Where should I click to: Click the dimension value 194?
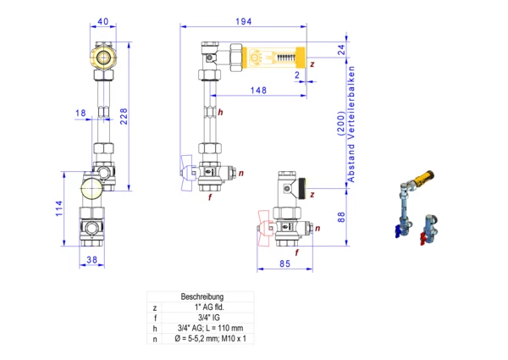click(x=243, y=21)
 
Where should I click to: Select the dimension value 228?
click(x=124, y=116)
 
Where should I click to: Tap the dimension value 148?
click(x=258, y=90)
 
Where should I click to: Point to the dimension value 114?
click(x=59, y=208)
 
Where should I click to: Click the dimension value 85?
click(x=284, y=263)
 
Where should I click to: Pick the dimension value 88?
click(x=341, y=217)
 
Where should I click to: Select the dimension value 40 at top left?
click(x=103, y=21)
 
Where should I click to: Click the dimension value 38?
click(x=91, y=259)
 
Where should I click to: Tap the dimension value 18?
click(x=80, y=113)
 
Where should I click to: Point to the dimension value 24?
click(x=341, y=50)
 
